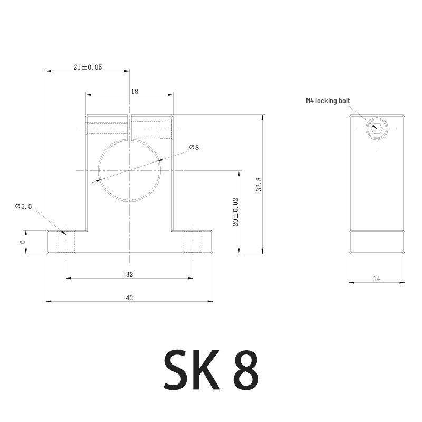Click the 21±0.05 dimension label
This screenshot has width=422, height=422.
88,68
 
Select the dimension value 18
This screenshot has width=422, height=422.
135,91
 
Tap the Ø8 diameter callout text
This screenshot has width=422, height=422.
194,147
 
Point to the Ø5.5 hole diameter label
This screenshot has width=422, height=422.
23,206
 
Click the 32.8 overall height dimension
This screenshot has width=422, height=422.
258,184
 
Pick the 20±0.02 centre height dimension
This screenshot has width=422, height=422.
235,212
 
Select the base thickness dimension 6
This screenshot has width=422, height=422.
22,242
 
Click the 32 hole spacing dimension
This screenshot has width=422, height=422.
129,274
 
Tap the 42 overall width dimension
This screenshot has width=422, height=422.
129,298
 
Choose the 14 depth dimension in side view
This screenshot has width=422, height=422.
377,279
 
